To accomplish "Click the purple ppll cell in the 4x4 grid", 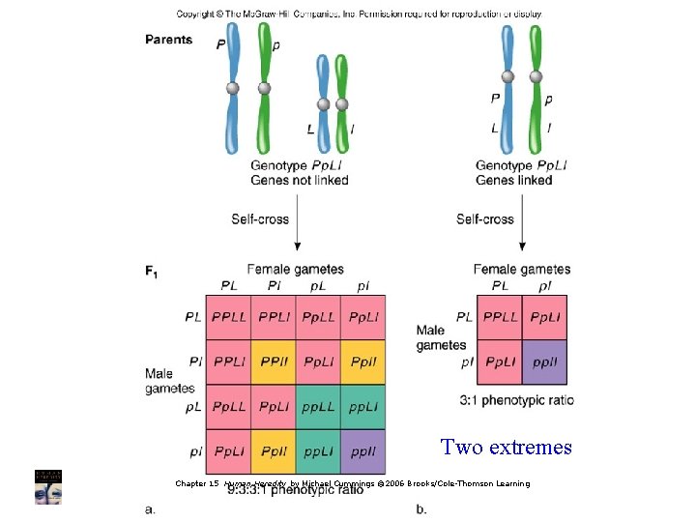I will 362,451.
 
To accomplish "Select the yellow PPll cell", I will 274,362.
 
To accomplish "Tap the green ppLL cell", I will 318,407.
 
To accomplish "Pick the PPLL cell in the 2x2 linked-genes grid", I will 500,316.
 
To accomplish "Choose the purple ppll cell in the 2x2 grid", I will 544,362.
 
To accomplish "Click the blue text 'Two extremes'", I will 506,447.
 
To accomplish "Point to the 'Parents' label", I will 169,40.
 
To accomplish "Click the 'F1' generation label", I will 152,274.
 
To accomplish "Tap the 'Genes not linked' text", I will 299,180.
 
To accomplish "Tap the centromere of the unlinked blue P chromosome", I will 232,88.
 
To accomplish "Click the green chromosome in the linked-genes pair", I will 536,87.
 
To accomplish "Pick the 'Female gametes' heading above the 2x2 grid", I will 522,269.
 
